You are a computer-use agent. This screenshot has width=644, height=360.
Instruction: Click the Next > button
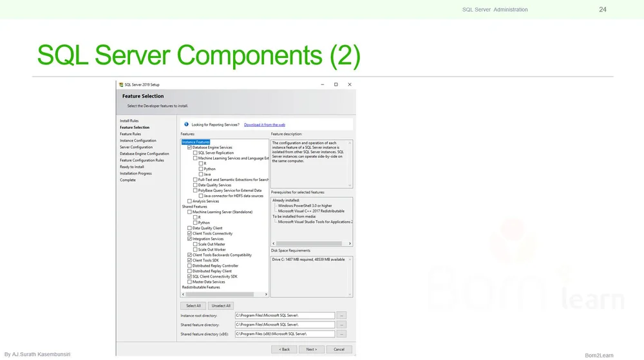pos(311,349)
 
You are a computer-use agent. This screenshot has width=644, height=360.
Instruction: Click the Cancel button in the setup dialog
pos(339,349)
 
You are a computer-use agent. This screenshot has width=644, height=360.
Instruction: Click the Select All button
pos(193,305)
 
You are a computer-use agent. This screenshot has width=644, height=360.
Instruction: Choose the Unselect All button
pos(221,305)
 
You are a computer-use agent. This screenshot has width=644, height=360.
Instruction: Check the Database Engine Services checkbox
pos(189,147)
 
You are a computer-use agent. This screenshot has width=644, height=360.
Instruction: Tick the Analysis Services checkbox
pos(189,201)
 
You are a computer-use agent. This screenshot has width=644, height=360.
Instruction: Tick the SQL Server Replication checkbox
pos(195,153)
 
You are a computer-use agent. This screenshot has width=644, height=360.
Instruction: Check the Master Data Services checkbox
pos(189,281)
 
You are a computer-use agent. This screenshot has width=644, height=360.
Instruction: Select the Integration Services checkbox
pos(189,239)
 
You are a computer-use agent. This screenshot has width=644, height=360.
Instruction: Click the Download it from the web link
pos(264,124)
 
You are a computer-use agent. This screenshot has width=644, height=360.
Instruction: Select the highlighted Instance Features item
pos(195,142)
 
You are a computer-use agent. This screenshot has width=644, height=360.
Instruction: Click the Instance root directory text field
pos(285,316)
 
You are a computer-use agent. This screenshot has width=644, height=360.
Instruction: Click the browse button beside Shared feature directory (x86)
pos(341,334)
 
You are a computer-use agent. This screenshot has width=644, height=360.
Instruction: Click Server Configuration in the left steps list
pos(136,147)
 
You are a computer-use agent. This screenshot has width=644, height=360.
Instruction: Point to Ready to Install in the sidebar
pos(131,167)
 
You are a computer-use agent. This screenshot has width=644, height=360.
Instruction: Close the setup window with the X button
pos(350,84)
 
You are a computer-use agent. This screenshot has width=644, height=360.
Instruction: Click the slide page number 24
pos(602,9)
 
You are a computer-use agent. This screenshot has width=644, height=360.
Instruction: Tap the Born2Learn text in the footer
pos(598,355)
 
